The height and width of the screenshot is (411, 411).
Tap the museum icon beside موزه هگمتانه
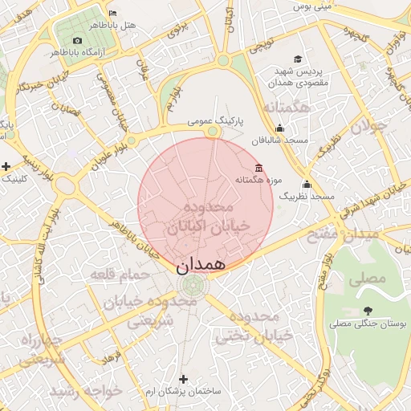[258, 168]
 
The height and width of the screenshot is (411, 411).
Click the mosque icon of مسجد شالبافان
[279, 128]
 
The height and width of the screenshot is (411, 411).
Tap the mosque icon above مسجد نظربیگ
[306, 184]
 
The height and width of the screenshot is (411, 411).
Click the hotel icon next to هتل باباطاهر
[112, 14]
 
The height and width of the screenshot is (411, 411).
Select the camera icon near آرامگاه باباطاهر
[77, 40]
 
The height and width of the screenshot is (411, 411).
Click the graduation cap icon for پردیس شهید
[298, 59]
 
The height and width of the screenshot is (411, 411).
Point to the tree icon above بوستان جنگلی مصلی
[368, 311]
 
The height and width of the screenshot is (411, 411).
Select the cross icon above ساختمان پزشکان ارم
[183, 378]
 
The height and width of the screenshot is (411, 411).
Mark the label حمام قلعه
[120, 275]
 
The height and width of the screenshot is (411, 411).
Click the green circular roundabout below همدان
[193, 286]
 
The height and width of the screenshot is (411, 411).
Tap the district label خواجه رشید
[86, 391]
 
